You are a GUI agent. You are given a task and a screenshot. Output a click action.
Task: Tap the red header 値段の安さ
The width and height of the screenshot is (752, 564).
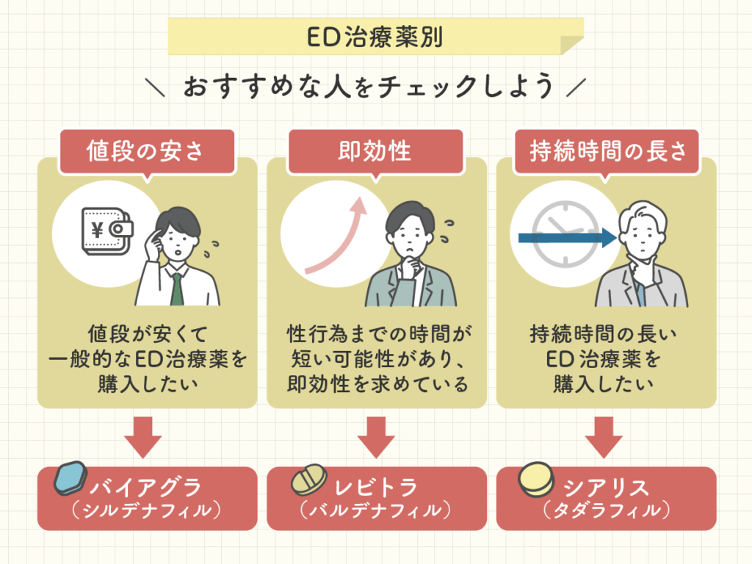coord(148,151)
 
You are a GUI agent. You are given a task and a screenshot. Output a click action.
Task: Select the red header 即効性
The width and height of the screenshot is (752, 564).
coord(375,151)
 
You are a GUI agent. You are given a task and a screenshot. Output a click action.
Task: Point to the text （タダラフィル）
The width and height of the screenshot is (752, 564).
coord(607,510)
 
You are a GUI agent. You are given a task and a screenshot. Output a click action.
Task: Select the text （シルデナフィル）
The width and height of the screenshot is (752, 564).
coord(147,510)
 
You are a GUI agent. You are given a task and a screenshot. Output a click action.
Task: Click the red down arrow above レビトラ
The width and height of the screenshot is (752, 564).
coord(376,436)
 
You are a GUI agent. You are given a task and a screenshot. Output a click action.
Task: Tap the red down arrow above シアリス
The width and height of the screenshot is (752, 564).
coord(606,436)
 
